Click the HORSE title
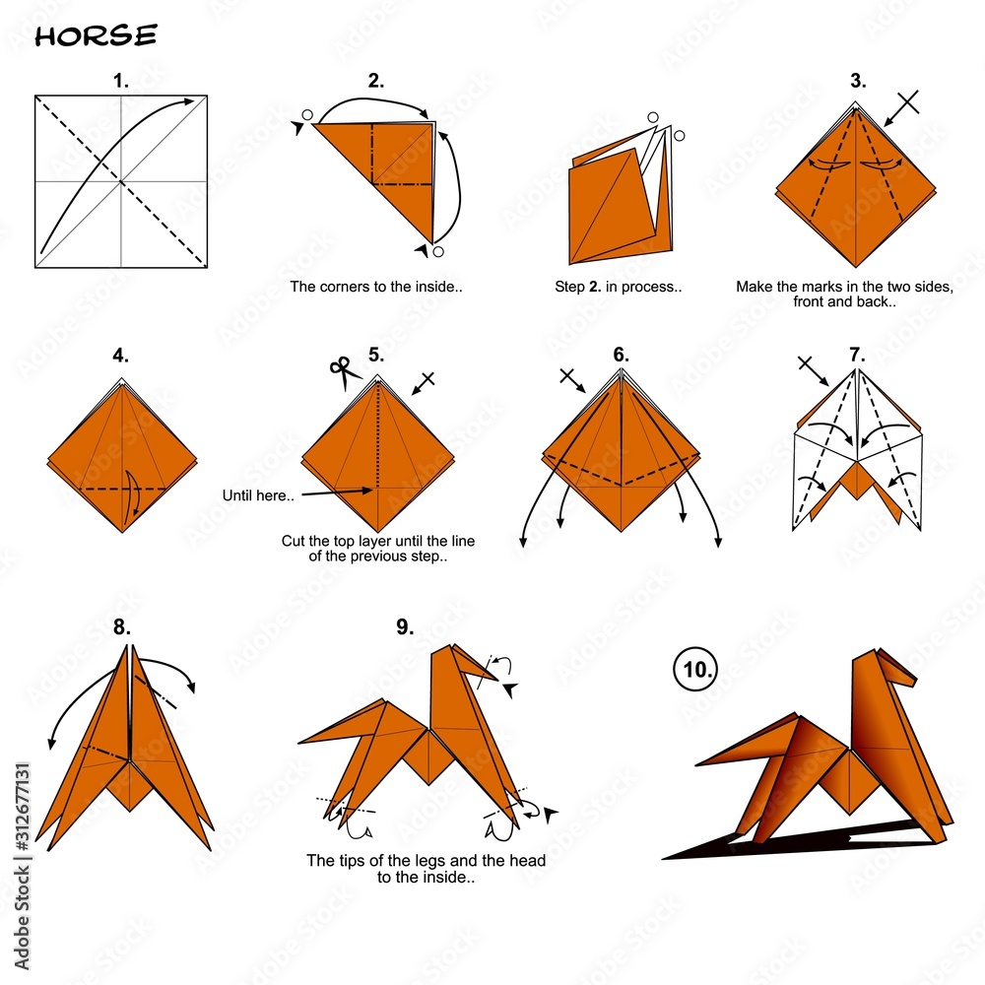coord(96,35)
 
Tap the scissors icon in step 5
coord(343,372)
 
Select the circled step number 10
coord(695,669)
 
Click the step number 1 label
coord(120,81)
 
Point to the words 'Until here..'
coord(258,495)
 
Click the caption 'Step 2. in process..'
coord(619,287)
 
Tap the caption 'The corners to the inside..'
coord(375,287)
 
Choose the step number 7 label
coord(858,355)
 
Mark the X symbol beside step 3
coord(908,101)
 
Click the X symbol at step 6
coord(568,377)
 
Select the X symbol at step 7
coord(806,363)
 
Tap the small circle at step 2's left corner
coord(307,115)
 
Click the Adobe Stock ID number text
coord(23,808)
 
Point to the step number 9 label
coord(405,626)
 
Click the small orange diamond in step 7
coord(856,480)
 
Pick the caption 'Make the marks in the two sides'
coord(844,287)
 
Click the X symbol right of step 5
coord(427,379)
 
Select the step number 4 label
coord(120,356)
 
